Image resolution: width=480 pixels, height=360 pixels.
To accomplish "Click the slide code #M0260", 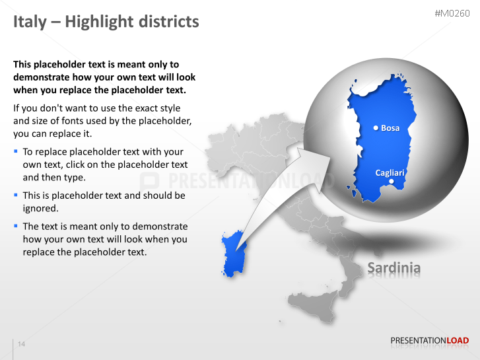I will point(452,14).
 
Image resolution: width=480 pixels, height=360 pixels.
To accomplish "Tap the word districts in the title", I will point(168,22).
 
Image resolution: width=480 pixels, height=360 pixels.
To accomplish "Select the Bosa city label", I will point(390,128).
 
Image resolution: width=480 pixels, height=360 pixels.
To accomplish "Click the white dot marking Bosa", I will point(376,128).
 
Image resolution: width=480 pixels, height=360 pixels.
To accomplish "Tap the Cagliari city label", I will point(390,172).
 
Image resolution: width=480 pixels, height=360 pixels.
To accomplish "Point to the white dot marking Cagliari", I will point(392,181).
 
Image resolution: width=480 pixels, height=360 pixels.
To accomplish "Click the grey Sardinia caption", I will point(394,268).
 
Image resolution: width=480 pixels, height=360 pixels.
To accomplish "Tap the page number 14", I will point(22,344).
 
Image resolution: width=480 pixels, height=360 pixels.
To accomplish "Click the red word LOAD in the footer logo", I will point(458,341).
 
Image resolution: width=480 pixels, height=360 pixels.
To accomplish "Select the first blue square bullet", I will point(16,151).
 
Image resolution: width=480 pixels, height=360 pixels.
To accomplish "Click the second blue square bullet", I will point(16,196).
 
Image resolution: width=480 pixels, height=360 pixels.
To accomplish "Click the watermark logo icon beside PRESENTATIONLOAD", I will point(150,181).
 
